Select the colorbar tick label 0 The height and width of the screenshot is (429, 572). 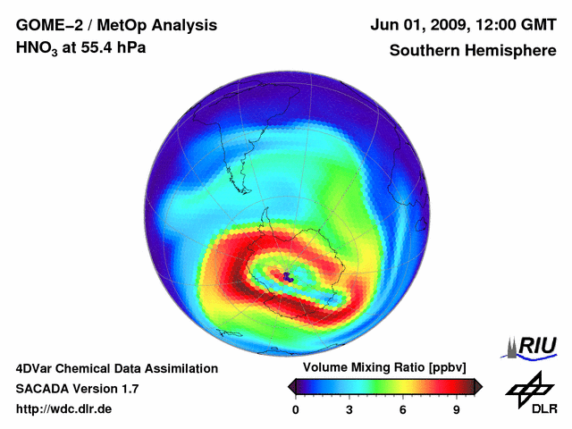(296, 410)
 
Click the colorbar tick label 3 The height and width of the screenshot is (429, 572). (349, 410)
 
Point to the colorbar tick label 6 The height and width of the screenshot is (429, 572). (402, 410)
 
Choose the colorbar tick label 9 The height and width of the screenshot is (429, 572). (456, 410)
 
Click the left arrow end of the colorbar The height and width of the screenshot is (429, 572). (291, 386)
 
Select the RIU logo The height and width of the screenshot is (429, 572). (533, 346)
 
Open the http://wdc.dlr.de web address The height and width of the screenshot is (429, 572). (64, 409)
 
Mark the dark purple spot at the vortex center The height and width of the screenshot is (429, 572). (288, 278)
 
